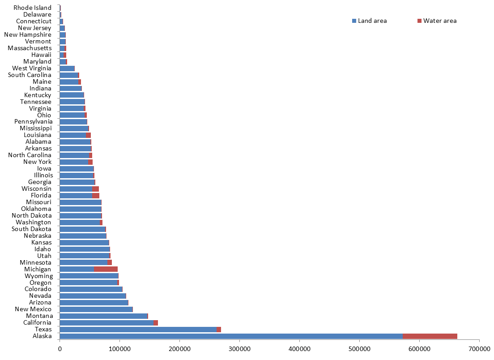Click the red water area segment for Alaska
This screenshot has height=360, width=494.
(430, 336)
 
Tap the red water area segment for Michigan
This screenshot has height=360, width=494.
(106, 269)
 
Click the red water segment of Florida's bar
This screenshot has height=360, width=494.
(96, 195)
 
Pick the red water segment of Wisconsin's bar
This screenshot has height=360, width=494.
(95, 189)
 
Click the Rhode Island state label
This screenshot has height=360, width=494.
(32, 8)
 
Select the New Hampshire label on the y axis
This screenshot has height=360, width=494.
(28, 34)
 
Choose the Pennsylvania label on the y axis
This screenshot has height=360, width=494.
(33, 122)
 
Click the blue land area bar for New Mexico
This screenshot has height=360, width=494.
(96, 309)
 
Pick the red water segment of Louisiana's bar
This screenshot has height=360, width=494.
(88, 135)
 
